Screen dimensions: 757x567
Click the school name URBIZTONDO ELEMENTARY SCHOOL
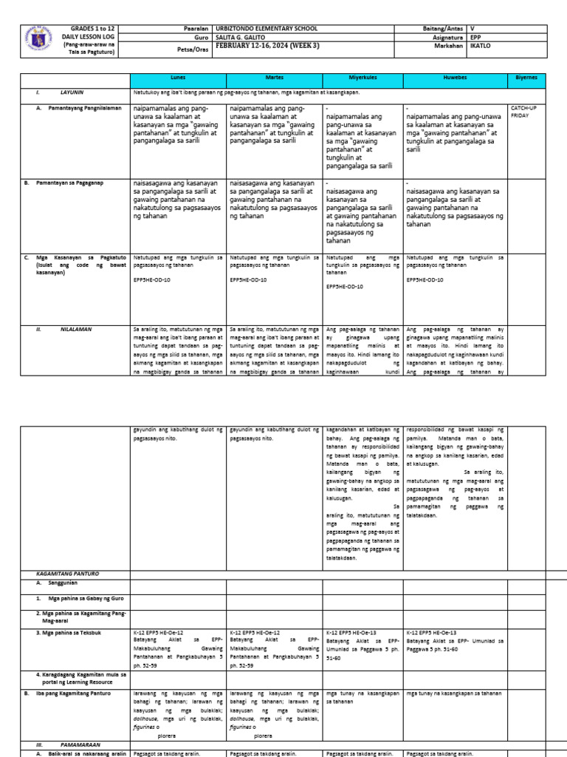click(x=266, y=29)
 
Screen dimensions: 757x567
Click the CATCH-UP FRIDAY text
click(x=523, y=112)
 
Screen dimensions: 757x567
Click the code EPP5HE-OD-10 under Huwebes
click(x=425, y=280)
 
